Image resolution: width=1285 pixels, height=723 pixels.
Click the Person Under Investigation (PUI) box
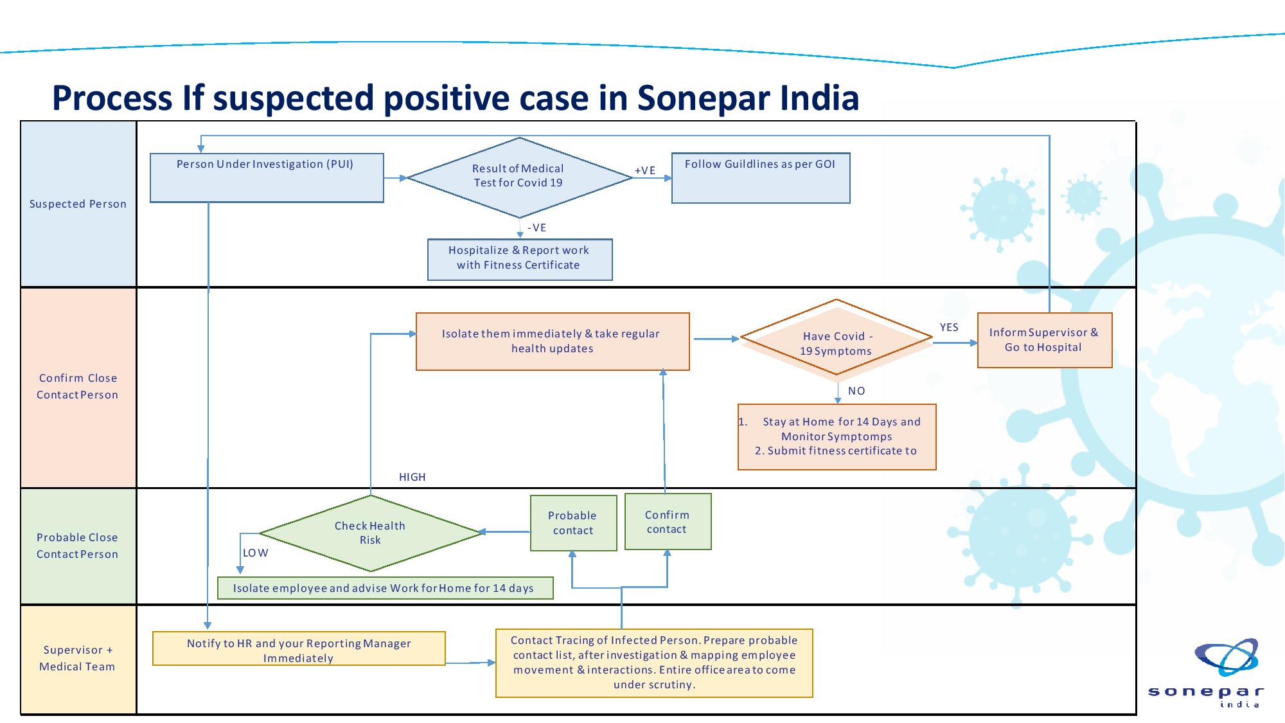pyautogui.click(x=267, y=178)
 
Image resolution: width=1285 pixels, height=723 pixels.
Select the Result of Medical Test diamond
pyautogui.click(x=519, y=177)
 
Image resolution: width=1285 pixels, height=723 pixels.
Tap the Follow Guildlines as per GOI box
pyautogui.click(x=761, y=178)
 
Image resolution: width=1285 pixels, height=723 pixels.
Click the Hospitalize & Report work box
pyautogui.click(x=520, y=260)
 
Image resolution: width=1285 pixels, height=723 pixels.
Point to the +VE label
pyautogui.click(x=645, y=170)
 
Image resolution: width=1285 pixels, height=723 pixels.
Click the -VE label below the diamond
pyautogui.click(x=536, y=228)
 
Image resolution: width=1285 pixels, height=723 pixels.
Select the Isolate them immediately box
pyautogui.click(x=553, y=341)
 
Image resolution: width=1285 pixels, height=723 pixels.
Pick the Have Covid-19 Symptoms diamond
pyautogui.click(x=836, y=337)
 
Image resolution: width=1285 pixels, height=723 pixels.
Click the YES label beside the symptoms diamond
pyautogui.click(x=949, y=327)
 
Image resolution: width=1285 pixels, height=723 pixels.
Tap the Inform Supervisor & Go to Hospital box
pyautogui.click(x=1045, y=340)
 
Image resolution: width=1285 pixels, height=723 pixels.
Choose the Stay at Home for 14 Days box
pyautogui.click(x=837, y=437)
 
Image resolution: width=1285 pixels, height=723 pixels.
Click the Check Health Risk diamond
pyautogui.click(x=371, y=533)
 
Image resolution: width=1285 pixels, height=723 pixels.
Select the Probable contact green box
pyautogui.click(x=573, y=522)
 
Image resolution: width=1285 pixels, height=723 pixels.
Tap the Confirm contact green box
pyautogui.click(x=668, y=521)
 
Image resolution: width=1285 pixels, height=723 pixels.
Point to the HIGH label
pyautogui.click(x=412, y=477)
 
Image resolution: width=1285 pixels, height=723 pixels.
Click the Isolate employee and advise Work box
pyautogui.click(x=385, y=588)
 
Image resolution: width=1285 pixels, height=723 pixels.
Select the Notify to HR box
pyautogui.click(x=299, y=648)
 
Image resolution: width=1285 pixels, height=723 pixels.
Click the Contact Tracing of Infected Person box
pyautogui.click(x=654, y=663)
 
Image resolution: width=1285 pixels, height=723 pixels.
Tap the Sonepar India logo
pyautogui.click(x=1205, y=673)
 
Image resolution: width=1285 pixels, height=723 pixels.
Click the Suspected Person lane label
pyautogui.click(x=78, y=204)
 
